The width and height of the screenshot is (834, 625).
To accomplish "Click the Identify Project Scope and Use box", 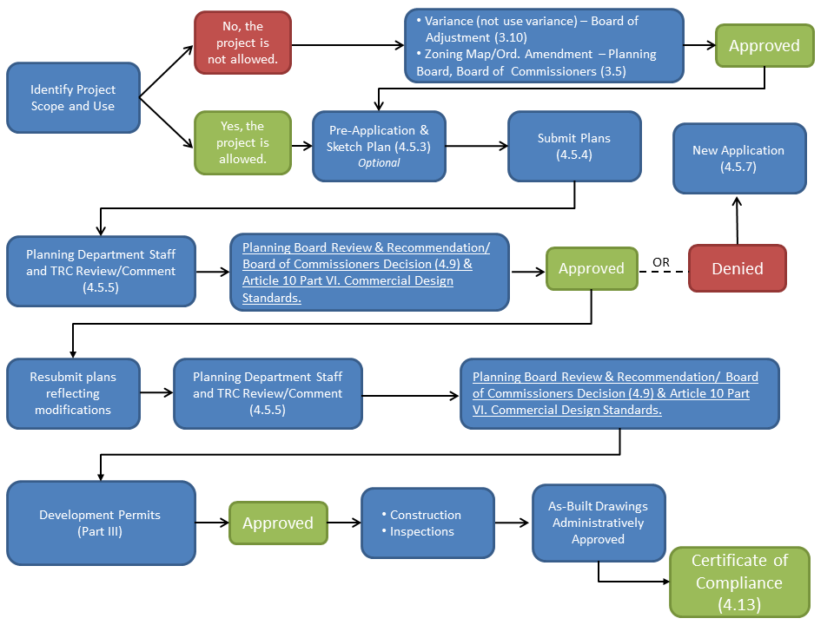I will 73,98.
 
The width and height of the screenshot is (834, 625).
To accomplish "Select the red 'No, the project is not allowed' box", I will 242,43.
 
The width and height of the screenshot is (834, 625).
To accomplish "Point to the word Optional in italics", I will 379,163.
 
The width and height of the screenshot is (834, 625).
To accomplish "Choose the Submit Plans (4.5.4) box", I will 574,146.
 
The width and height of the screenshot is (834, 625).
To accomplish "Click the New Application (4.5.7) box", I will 738,158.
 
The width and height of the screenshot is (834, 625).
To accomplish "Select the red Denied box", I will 737,268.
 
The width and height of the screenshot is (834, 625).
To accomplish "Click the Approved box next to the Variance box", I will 764,46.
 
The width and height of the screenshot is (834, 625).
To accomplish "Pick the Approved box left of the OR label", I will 591,268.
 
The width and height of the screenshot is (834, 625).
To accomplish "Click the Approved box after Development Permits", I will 278,523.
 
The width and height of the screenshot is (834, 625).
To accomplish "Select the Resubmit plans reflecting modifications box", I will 73,393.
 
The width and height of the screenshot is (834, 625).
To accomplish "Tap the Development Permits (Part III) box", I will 100,523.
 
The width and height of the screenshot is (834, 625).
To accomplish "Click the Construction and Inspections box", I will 427,523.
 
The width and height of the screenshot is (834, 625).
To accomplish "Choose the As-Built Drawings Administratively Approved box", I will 598,523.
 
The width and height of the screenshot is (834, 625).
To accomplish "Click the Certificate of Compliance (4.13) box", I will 738,582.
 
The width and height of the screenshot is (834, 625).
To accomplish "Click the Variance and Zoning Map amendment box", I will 544,46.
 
